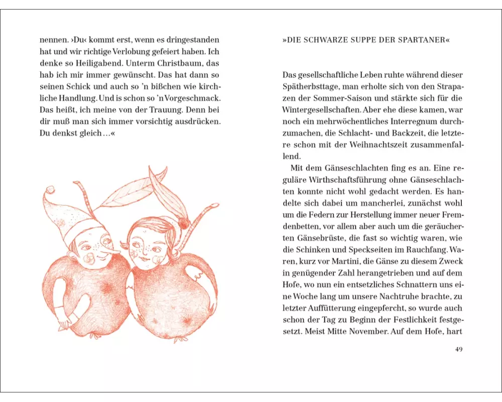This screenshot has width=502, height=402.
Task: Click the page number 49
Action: coord(458,349)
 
